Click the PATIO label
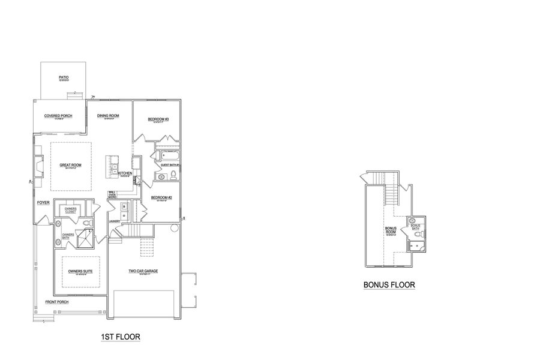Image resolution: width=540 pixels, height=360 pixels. click(x=64, y=77)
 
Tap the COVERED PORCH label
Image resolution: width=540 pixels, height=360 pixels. click(x=58, y=116)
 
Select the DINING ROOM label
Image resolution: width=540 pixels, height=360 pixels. click(x=108, y=116)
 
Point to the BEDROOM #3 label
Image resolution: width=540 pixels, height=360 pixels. click(x=158, y=119)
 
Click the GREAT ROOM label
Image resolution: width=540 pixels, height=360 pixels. click(x=70, y=164)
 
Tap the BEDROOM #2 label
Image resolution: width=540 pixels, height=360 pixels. click(x=161, y=198)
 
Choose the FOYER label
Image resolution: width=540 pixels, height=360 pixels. click(x=43, y=203)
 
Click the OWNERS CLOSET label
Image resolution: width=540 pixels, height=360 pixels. click(x=71, y=210)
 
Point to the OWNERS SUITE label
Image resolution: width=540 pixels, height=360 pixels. click(x=80, y=272)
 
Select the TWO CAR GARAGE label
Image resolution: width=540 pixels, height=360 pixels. click(x=142, y=271)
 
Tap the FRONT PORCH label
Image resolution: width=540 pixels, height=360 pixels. click(x=57, y=302)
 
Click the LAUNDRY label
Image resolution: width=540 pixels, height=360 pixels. click(x=115, y=221)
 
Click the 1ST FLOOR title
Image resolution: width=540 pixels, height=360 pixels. click(x=121, y=337)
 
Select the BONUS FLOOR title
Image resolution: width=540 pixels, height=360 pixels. click(x=389, y=285)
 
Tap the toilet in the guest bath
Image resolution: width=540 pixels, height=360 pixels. click(x=173, y=175)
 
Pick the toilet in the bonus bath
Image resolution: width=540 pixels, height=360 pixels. click(x=422, y=233)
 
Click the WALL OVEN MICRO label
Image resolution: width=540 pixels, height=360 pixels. click(x=112, y=194)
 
